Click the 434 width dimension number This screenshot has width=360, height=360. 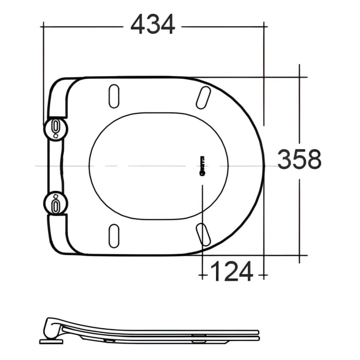(153, 25)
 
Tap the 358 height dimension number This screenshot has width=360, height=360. (299, 159)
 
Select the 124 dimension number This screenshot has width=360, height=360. (232, 271)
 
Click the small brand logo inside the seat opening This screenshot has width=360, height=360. (202, 165)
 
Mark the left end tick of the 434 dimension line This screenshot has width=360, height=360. (43, 25)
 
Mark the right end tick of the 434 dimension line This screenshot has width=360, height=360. (263, 25)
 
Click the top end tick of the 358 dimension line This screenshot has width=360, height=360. (300, 77)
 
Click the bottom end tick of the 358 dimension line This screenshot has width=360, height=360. (300, 255)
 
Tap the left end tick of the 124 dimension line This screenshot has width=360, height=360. (203, 276)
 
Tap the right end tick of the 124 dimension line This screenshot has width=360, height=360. (263, 276)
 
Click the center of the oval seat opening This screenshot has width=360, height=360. (158, 165)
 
